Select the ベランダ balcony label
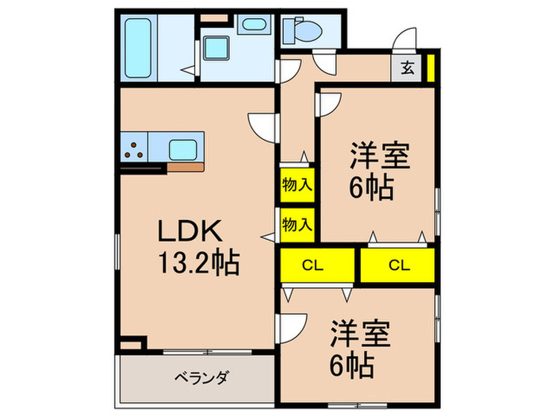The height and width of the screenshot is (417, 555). point(201,376)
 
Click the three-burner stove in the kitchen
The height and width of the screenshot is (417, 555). point(136,149)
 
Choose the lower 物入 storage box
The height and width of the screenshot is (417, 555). point(297,224)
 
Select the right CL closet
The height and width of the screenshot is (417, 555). point(398,265)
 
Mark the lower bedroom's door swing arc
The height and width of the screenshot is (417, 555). point(293,326)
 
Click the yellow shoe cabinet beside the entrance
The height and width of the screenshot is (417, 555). point(431,67)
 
